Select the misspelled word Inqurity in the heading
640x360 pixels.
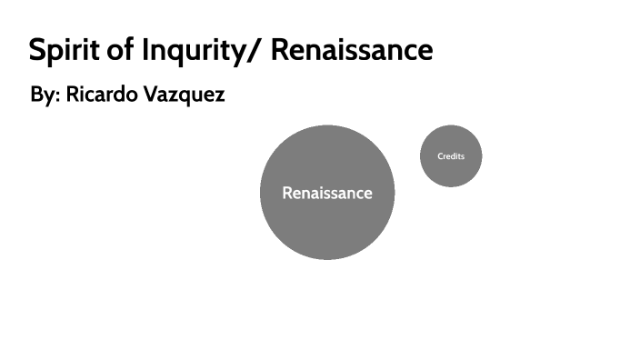point(194,51)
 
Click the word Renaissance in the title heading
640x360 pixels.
point(352,51)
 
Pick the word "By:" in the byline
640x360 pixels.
point(44,95)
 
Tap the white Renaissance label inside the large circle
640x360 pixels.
point(327,193)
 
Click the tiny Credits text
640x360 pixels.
point(451,156)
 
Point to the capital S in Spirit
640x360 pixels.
point(36,51)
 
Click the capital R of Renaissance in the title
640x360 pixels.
point(280,51)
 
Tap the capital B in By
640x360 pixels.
point(36,95)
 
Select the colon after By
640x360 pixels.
point(56,96)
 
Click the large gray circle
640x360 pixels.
point(327,227)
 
